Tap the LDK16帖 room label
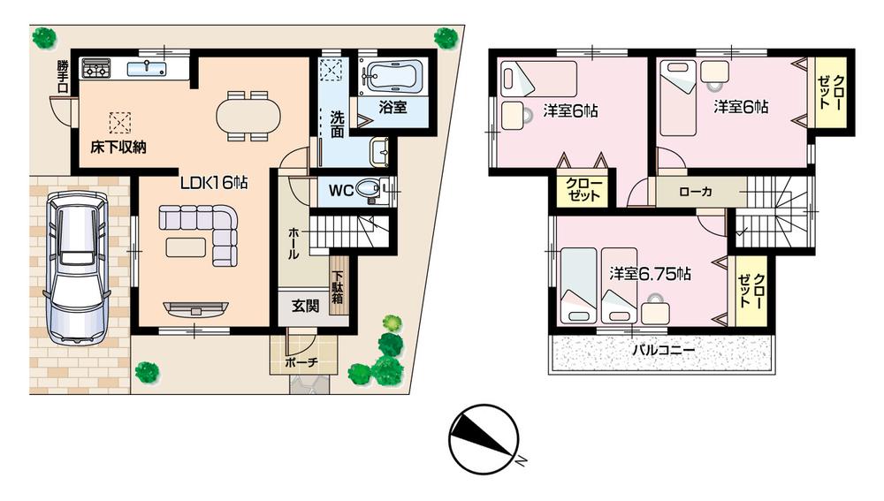point(214,183)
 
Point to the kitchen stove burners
point(96,68)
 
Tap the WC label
point(341,190)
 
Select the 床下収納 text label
point(118,147)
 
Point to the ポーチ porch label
point(301,362)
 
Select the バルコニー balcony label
point(663,349)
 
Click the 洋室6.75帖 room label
point(650,274)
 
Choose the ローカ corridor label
point(697,191)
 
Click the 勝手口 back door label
point(62,70)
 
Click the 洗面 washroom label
point(338,125)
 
